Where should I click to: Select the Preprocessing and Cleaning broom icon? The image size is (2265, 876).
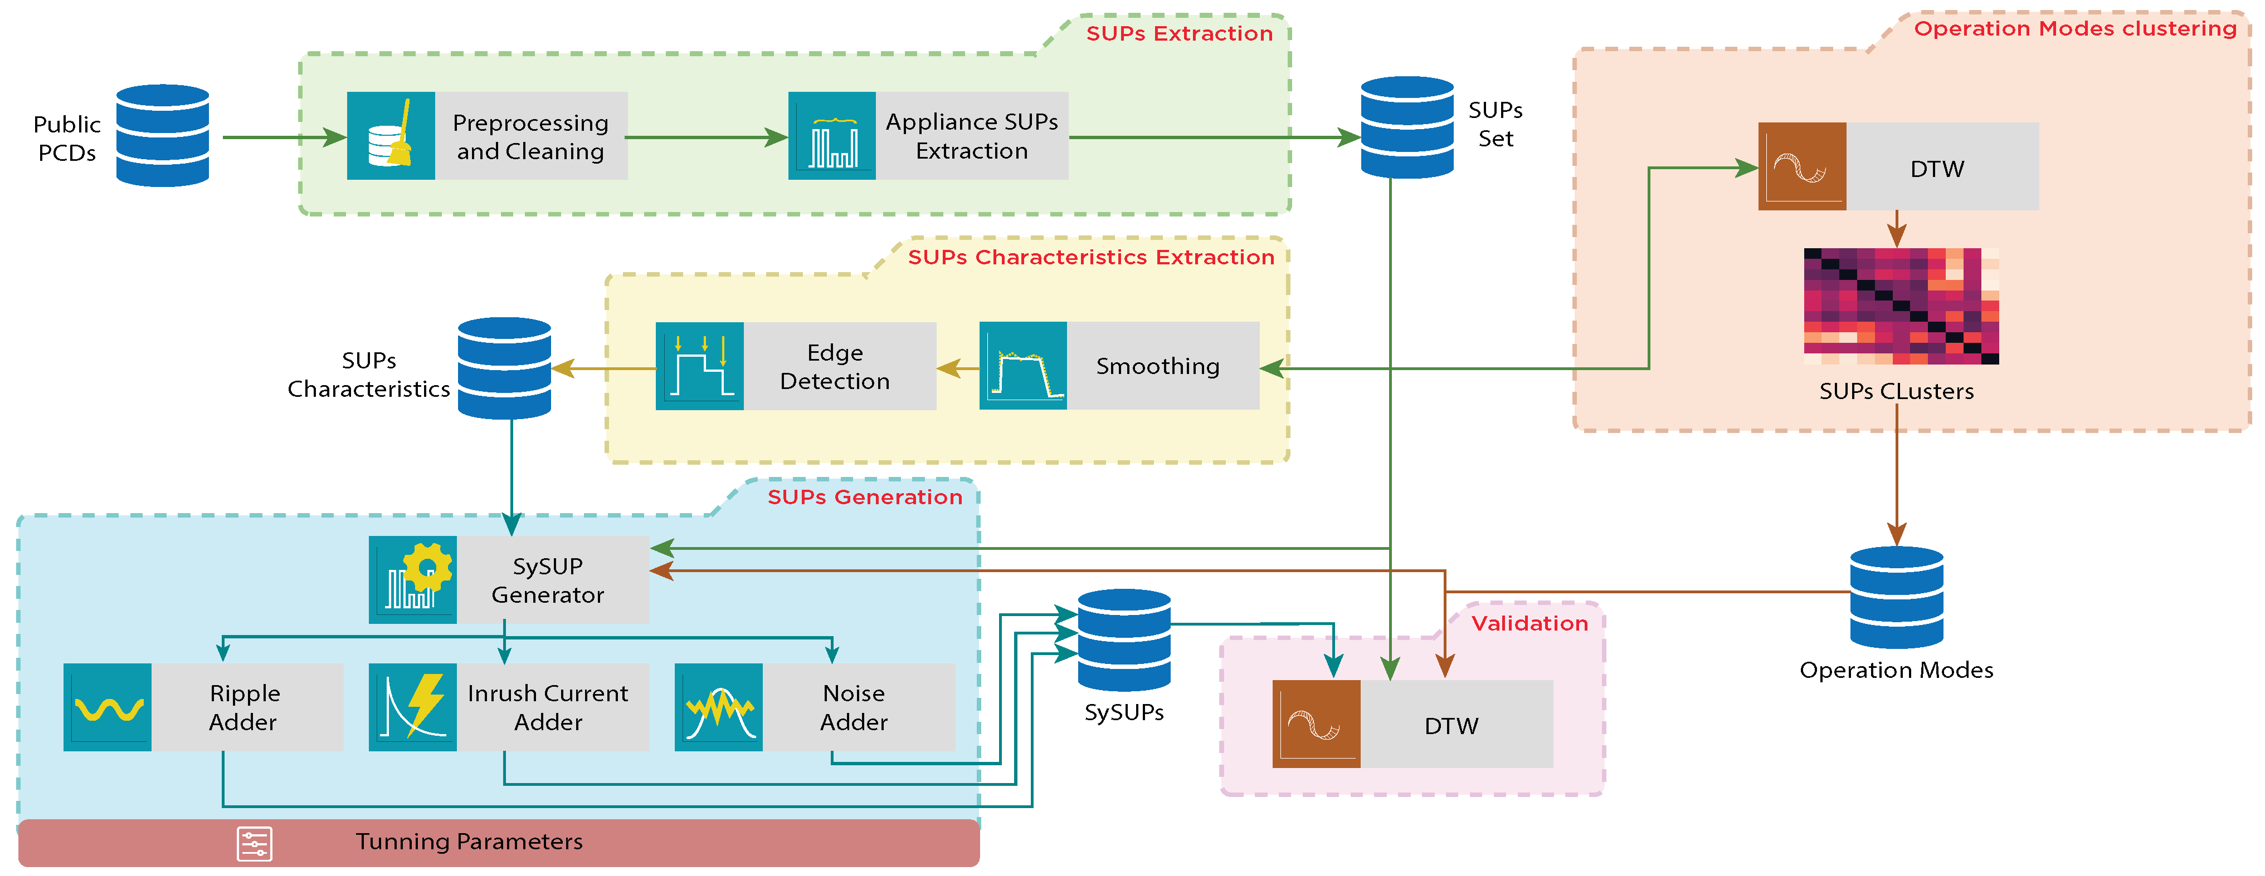click(x=391, y=136)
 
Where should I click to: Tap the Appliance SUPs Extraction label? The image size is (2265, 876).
click(x=972, y=136)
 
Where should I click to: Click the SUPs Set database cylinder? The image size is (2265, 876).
click(x=1407, y=127)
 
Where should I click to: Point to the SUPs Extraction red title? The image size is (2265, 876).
click(x=1179, y=33)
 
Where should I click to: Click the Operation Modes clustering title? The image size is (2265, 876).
click(x=2075, y=28)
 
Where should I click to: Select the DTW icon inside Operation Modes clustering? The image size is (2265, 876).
click(x=1801, y=166)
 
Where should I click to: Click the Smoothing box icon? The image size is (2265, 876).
click(x=1022, y=366)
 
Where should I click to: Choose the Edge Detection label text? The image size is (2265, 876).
click(x=835, y=366)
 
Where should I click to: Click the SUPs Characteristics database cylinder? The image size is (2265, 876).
click(x=505, y=368)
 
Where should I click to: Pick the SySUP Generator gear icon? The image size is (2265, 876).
click(x=412, y=580)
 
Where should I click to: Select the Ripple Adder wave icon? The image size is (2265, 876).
click(x=108, y=707)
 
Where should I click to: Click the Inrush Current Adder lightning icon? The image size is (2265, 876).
click(x=412, y=707)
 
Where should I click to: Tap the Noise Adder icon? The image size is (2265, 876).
click(x=718, y=707)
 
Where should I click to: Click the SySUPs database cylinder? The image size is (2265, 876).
click(x=1124, y=639)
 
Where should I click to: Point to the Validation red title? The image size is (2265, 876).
click(x=1530, y=623)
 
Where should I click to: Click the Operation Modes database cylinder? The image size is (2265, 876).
click(x=1897, y=598)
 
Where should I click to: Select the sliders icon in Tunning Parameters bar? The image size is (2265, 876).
click(x=254, y=844)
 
